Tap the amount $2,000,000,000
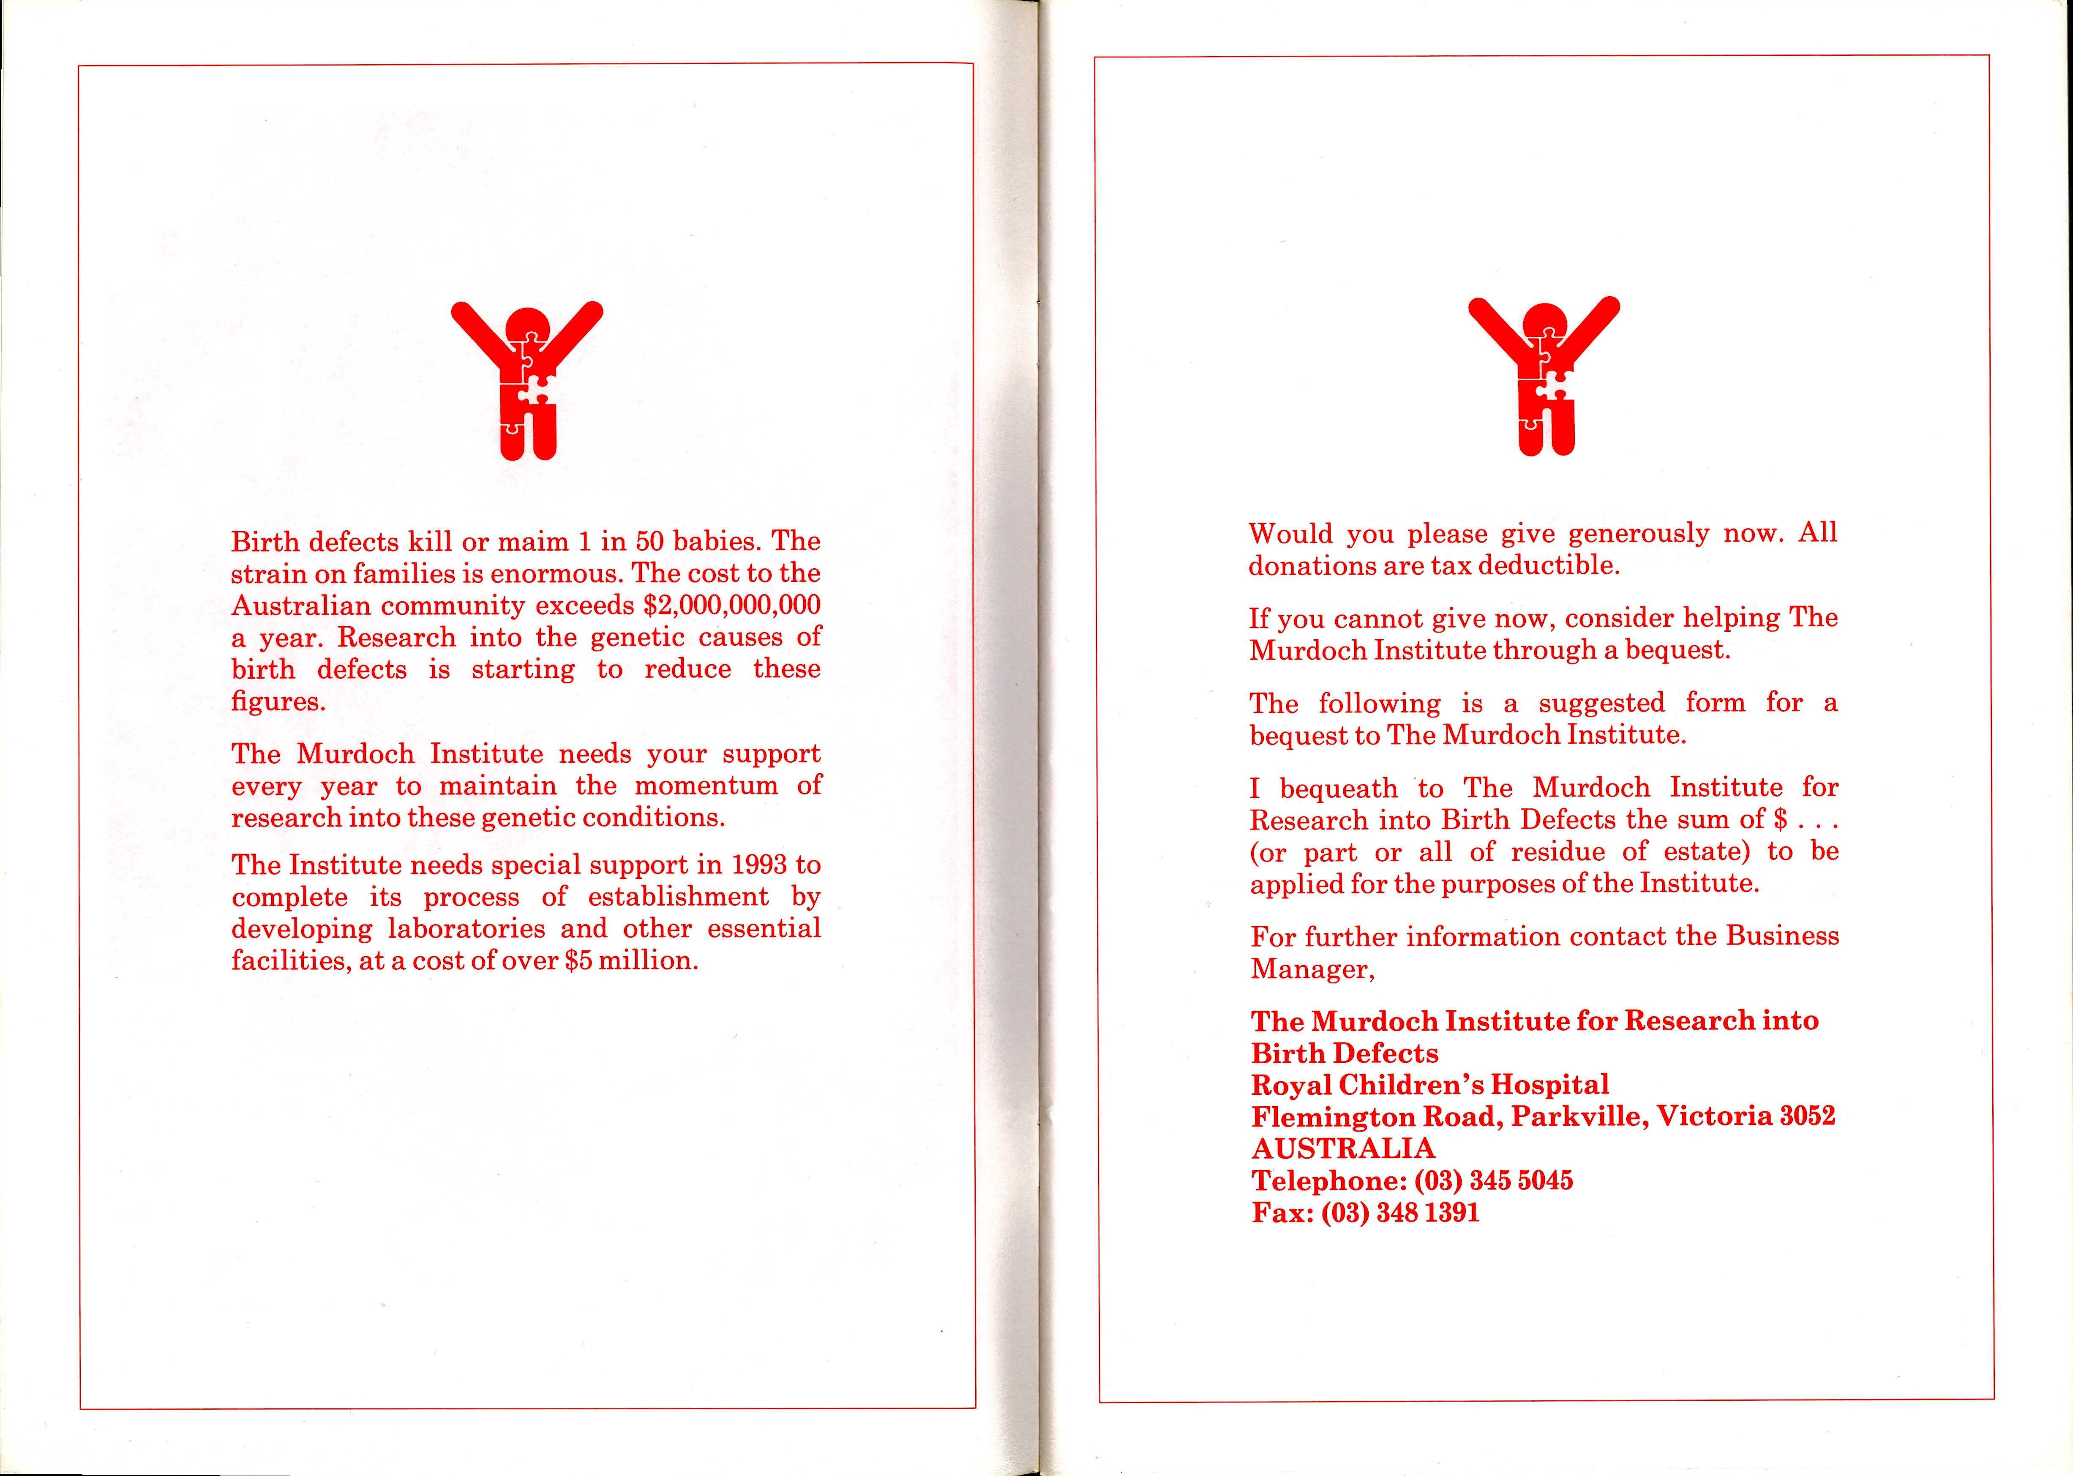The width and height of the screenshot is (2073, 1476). [x=731, y=605]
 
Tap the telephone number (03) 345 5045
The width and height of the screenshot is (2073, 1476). [x=1493, y=1181]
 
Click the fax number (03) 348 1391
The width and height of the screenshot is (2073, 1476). [x=1400, y=1212]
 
